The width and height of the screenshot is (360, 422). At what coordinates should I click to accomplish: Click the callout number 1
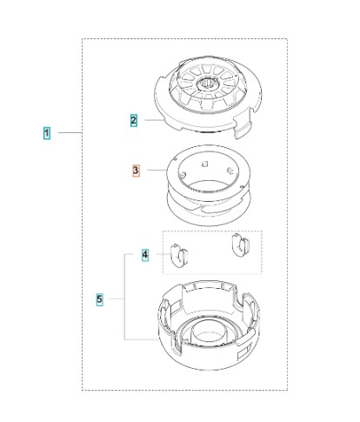click(47, 133)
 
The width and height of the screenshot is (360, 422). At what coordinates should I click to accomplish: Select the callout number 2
click(134, 121)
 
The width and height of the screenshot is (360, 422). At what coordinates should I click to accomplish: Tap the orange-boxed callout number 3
click(136, 171)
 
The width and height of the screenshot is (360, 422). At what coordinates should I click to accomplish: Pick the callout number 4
click(145, 255)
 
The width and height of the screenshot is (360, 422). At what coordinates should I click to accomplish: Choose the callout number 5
click(99, 299)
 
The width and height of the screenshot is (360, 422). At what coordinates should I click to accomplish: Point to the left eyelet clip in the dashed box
click(179, 255)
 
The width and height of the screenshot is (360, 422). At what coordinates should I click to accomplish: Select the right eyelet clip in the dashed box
click(241, 245)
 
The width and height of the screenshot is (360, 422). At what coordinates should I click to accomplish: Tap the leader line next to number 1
click(70, 133)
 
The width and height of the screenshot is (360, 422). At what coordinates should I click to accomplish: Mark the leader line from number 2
click(154, 120)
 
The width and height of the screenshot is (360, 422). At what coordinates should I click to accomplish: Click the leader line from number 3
click(157, 170)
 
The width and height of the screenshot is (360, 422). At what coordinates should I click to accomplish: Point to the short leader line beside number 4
click(163, 254)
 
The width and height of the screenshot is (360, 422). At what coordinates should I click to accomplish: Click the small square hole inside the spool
click(205, 164)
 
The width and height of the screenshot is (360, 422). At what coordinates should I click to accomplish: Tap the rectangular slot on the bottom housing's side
click(244, 352)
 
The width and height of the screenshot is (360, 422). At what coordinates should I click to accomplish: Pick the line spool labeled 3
click(208, 185)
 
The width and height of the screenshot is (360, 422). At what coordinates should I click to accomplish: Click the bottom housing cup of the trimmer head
click(209, 325)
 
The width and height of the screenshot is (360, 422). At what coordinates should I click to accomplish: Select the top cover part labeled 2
click(208, 97)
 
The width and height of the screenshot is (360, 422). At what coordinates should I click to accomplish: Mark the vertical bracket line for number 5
click(125, 297)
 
